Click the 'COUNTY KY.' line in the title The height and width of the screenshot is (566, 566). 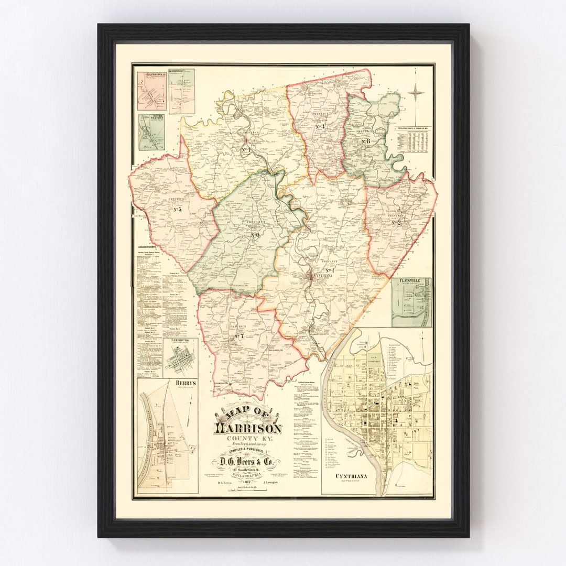tap(248, 438)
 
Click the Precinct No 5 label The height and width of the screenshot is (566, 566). tap(177, 210)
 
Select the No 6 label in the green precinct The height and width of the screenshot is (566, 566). tap(255, 234)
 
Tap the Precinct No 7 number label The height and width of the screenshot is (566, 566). tap(240, 335)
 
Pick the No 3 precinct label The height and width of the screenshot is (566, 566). tap(320, 127)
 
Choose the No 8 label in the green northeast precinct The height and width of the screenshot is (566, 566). tap(365, 141)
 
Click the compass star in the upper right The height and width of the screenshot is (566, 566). tap(416, 93)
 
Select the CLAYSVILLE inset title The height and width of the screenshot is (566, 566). tap(411, 281)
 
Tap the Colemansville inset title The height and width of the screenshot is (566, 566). tap(152, 73)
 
